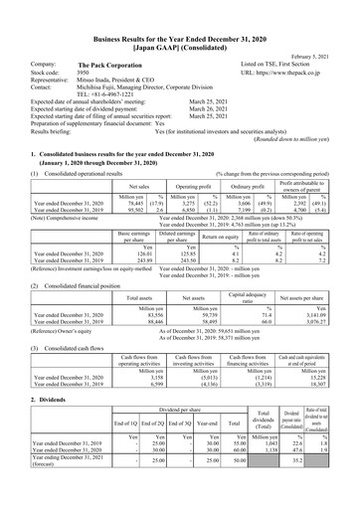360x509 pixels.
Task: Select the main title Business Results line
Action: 180,21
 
